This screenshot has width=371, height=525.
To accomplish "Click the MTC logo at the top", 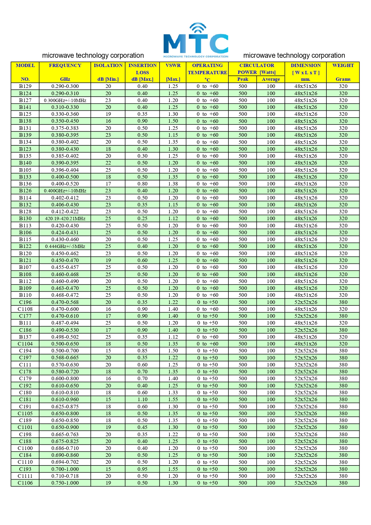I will (196, 40).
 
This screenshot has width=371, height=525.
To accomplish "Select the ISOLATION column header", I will (108, 66).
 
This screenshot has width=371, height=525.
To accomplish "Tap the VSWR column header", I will (173, 66).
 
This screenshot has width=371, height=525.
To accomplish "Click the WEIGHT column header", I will (343, 66).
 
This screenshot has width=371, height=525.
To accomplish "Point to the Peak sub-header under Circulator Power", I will (242, 79).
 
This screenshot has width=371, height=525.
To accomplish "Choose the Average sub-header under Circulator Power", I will (271, 79).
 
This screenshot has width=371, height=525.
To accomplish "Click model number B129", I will (25, 86).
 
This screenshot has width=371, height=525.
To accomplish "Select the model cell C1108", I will (25, 309).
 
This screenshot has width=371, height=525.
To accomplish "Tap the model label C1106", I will (25, 483).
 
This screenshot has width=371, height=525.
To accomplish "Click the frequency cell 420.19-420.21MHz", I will (65, 219).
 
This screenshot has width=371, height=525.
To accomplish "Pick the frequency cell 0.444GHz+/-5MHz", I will (65, 246).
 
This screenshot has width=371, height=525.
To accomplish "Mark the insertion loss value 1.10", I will (142, 399).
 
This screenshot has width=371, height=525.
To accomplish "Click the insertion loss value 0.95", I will (142, 469).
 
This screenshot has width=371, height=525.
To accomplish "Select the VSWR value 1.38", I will (173, 184).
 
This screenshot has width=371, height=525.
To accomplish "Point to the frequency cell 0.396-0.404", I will (65, 170).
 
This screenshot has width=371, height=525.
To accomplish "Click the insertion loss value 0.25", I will (142, 219).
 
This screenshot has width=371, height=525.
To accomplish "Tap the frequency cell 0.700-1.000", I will (65, 469).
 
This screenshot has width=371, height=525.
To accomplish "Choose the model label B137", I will (25, 337).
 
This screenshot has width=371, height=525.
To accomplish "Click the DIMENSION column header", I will (306, 66).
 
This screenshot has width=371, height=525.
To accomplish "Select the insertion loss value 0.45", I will (142, 427).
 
